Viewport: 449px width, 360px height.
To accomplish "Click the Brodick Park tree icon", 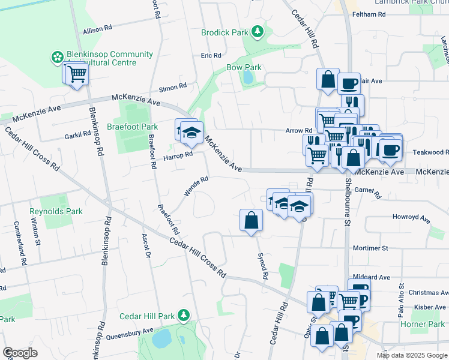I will click(x=258, y=31).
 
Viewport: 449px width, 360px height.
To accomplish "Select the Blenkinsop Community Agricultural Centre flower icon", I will click(x=57, y=57).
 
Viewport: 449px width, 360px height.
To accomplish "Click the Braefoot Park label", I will click(x=132, y=127).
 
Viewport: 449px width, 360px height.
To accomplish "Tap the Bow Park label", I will click(x=244, y=68).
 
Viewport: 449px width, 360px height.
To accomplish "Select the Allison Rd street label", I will click(x=98, y=28).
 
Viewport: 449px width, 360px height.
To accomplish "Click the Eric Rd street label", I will click(x=211, y=55).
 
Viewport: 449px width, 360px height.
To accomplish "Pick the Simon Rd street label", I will click(x=173, y=87).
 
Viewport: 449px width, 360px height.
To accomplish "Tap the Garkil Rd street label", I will click(x=77, y=136).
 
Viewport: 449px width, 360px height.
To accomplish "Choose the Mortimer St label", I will click(x=372, y=247).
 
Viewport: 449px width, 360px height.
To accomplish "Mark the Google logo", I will click(x=20, y=353).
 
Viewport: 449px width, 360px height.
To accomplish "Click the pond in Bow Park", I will click(x=248, y=77).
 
